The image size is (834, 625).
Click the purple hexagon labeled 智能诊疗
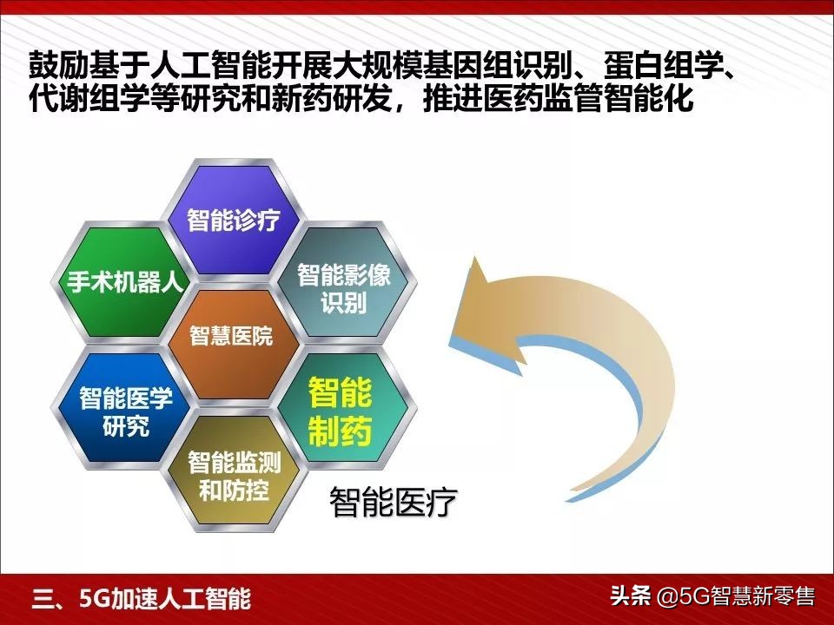[x=234, y=219]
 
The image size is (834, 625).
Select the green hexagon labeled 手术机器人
[x=120, y=282]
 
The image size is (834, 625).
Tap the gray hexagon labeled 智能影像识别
[x=344, y=289]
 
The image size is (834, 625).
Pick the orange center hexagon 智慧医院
[x=231, y=337]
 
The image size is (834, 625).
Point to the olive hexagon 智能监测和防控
[x=234, y=475]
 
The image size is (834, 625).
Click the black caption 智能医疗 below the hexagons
[x=393, y=503]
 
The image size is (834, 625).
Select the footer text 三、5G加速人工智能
[x=141, y=598]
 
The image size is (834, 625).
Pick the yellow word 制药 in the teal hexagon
[x=340, y=431]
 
